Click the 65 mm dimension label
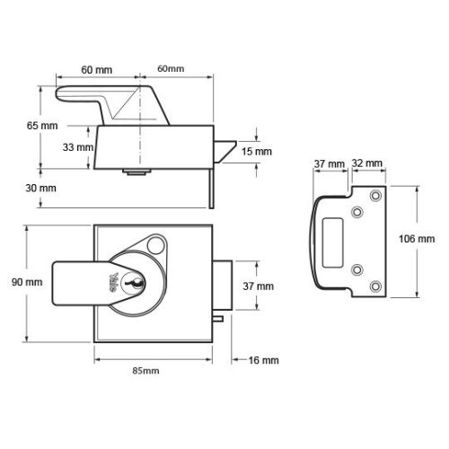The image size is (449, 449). point(42,126)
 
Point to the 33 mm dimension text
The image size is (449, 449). point(78,147)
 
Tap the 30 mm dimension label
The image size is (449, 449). point(40,189)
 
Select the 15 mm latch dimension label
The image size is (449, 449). point(257,152)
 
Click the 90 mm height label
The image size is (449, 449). point(27,282)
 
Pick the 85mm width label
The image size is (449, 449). point(145,371)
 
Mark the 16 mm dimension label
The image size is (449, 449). point(263,360)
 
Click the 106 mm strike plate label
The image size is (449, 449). point(417,239)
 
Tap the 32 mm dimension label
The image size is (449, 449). point(367,163)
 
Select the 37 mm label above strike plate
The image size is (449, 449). point(330,164)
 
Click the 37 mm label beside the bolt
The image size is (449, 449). point(259,286)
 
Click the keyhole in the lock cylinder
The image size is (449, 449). point(134,283)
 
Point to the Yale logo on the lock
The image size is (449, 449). point(114,282)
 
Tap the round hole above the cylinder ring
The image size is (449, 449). point(156,245)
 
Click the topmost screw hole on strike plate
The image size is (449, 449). point(375,196)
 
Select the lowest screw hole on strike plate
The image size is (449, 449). point(375,286)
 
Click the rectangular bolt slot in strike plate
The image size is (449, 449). point(332,242)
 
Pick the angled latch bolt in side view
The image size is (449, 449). point(224,152)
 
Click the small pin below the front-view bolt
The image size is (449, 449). point(218,319)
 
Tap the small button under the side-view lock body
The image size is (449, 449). point(136,172)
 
